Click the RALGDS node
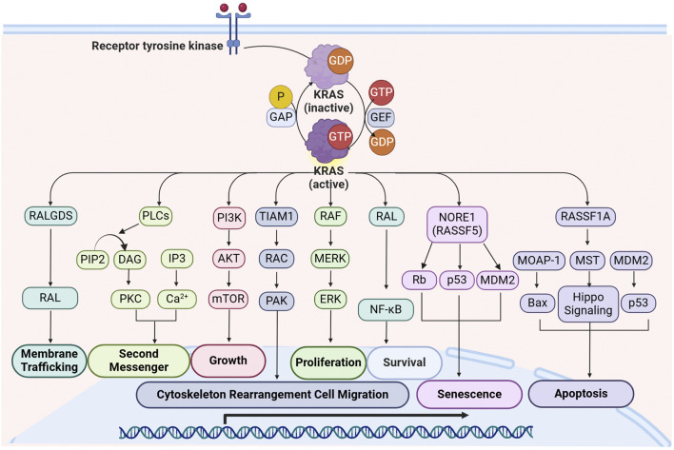50,216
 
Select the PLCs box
155,216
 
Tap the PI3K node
229,218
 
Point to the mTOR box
228,299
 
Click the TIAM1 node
276,216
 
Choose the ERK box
330,299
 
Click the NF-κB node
386,309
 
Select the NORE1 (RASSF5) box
457,225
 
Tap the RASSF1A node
585,216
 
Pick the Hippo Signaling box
588,303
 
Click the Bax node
537,303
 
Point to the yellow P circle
281,97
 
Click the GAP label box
281,117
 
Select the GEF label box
381,117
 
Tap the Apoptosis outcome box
581,394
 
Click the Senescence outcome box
469,394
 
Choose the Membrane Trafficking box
50,361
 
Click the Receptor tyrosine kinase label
157,46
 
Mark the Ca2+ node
177,299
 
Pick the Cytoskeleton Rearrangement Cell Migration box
272,395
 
